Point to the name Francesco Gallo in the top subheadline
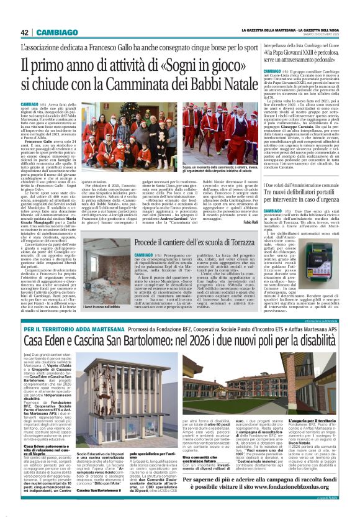103,47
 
